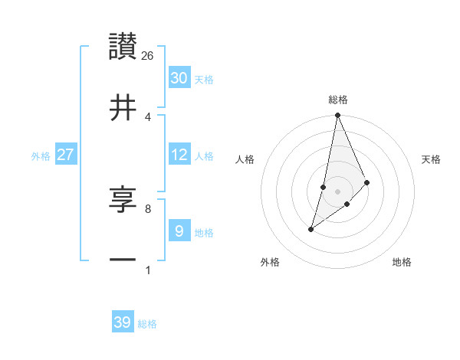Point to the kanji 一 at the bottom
click(x=123, y=260)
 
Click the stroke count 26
click(x=148, y=55)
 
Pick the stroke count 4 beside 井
click(x=148, y=116)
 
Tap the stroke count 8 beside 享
click(x=148, y=208)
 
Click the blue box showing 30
click(x=179, y=77)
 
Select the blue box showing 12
click(x=179, y=155)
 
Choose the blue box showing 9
click(x=179, y=231)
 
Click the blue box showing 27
click(x=66, y=155)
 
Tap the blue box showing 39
click(x=123, y=322)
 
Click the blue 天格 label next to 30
click(x=204, y=79)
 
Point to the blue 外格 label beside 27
click(x=41, y=155)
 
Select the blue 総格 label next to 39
click(x=147, y=324)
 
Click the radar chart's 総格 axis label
click(x=338, y=100)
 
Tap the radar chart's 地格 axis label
click(x=402, y=262)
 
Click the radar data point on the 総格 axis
click(x=337, y=116)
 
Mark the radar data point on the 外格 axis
click(x=310, y=229)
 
